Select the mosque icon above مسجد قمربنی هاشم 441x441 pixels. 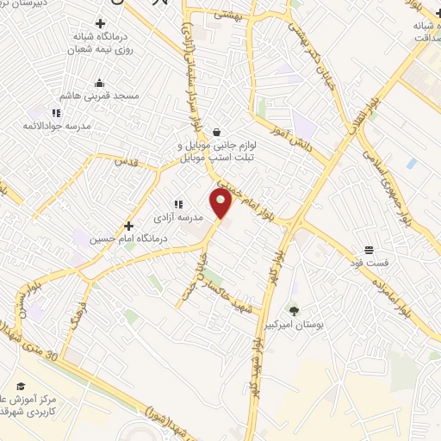coord(99,84)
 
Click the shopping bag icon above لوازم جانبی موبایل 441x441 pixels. coord(215,132)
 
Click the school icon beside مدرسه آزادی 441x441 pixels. coord(178,204)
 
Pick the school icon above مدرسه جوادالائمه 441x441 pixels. coord(56,112)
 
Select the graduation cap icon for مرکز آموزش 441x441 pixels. coord(21,386)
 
